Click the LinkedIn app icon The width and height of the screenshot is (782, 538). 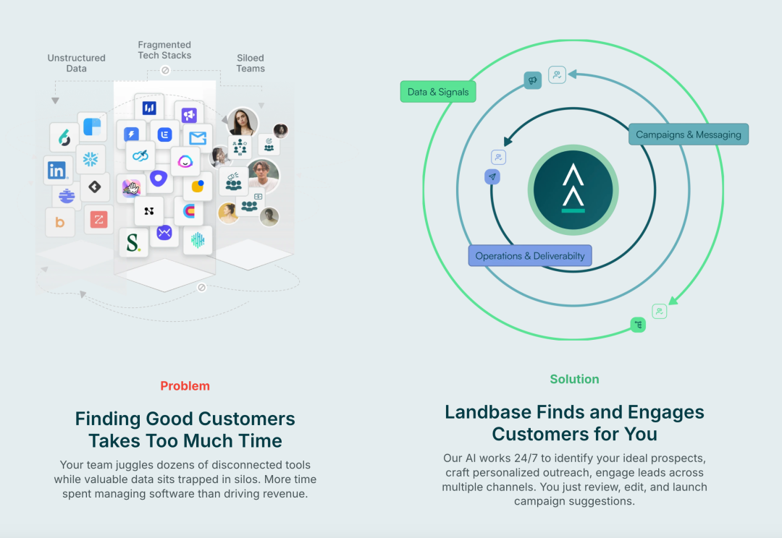point(57,170)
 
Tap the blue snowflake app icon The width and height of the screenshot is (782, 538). point(91,159)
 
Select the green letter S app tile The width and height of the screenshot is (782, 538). point(133,242)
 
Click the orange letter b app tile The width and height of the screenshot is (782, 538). point(60,222)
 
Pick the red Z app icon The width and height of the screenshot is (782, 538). point(98,219)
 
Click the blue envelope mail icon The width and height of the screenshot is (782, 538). point(198,138)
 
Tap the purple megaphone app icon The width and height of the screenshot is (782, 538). point(189,116)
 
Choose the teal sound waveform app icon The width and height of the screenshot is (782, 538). point(198,240)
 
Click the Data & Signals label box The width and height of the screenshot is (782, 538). point(438,92)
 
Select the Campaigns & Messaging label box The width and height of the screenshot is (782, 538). point(689,134)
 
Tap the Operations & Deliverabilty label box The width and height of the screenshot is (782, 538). point(529,255)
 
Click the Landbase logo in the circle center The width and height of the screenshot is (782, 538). point(573,189)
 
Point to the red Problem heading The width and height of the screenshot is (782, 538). point(185,386)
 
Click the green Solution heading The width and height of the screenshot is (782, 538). point(574,379)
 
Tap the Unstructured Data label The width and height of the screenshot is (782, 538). point(76,63)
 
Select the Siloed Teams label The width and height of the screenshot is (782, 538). point(251,63)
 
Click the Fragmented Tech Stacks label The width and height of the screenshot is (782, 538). point(164,50)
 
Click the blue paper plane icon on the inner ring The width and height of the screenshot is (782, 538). point(492,177)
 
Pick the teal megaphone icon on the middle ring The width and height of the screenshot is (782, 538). point(533,80)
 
